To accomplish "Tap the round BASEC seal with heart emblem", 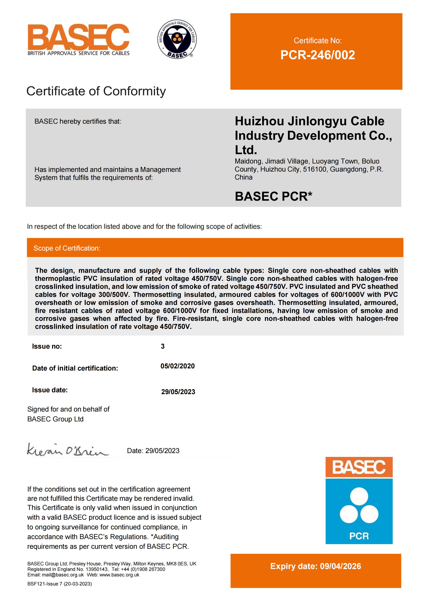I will point(177,39).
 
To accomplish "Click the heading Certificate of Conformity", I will point(96,91).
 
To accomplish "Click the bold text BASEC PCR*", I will point(273,196).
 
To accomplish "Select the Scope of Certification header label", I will point(67,248).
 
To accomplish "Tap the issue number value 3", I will point(163,346).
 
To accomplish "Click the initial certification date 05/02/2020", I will point(178,366).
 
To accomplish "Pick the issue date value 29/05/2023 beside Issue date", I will point(178,392).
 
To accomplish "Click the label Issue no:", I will point(47,346).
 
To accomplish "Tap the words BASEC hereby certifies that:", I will point(78,122).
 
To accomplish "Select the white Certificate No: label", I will point(317,41).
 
